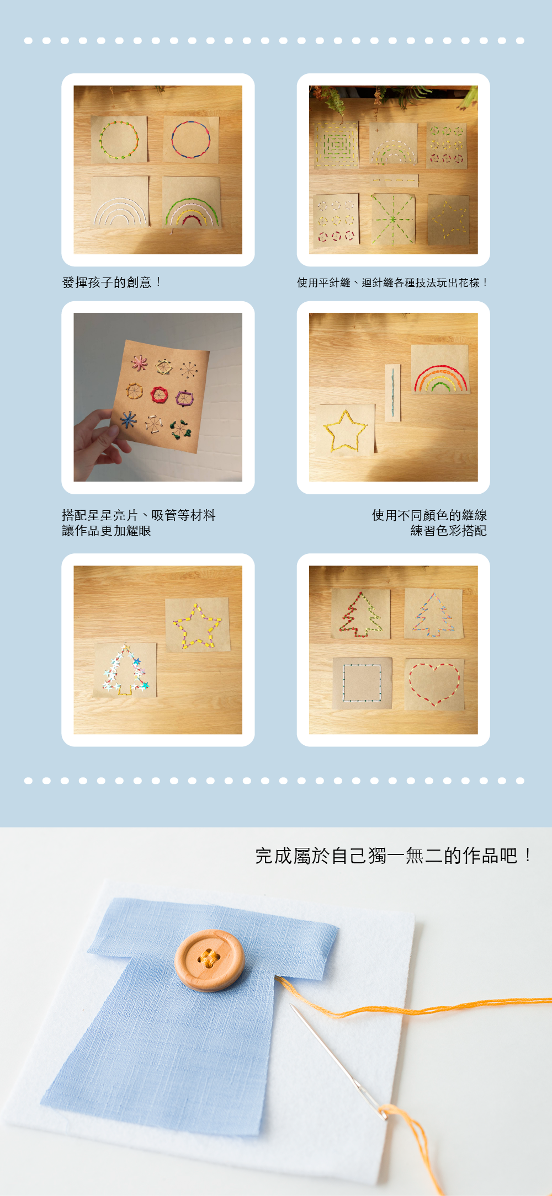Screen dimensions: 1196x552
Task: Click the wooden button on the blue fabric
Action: coord(209,960)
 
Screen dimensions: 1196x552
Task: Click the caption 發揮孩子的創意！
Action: coord(112,282)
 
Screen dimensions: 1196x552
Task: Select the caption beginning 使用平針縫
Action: coord(392,283)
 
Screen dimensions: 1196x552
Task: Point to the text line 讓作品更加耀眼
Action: coord(107,531)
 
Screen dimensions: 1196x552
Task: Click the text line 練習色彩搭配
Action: coord(448,531)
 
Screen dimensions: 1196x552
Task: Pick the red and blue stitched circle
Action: coord(190,140)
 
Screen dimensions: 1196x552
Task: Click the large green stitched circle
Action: coord(119,140)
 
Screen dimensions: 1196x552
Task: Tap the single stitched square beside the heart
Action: coord(362,682)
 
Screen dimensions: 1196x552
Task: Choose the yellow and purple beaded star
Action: coord(197,626)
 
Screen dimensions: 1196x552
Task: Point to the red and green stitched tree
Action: coord(360,615)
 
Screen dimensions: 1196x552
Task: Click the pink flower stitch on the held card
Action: coord(139,363)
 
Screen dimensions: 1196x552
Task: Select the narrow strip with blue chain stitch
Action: coord(392,392)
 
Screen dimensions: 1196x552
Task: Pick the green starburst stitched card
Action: coord(392,219)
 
